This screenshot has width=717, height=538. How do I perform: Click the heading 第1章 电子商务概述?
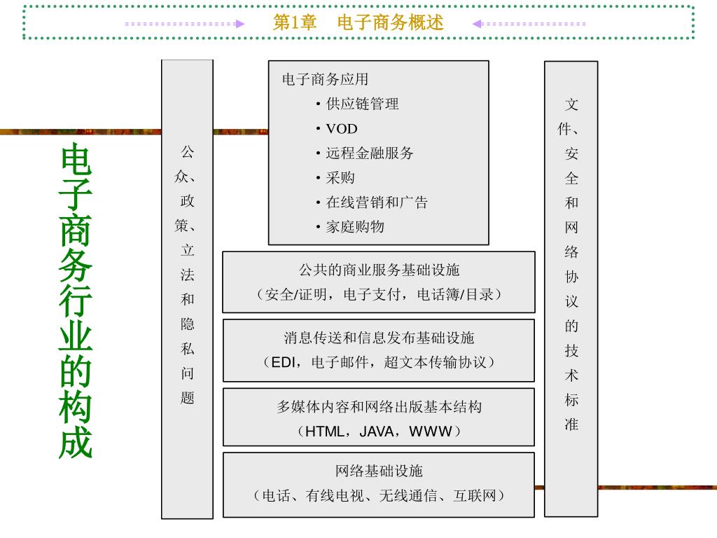tap(358, 23)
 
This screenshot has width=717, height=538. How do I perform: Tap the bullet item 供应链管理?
tap(362, 104)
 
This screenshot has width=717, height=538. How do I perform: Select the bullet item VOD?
tap(341, 128)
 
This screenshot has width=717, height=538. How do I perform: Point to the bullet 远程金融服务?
tap(370, 153)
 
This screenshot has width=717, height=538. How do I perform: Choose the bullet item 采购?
tap(340, 177)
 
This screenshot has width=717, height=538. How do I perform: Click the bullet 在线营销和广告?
tap(377, 202)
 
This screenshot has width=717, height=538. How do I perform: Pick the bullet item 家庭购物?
tap(355, 226)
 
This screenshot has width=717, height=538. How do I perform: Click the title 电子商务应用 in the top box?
tap(325, 79)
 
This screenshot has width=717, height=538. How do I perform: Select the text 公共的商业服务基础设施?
tap(379, 270)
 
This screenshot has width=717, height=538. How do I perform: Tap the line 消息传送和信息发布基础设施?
tap(379, 338)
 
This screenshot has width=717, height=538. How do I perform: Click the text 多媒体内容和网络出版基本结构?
tap(379, 406)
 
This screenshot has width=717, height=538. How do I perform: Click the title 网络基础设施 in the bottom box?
tap(379, 471)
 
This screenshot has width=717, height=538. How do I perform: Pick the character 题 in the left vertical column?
tap(187, 398)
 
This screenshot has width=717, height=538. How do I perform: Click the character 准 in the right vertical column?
tap(571, 424)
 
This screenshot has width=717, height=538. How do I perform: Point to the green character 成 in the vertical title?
tap(76, 441)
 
